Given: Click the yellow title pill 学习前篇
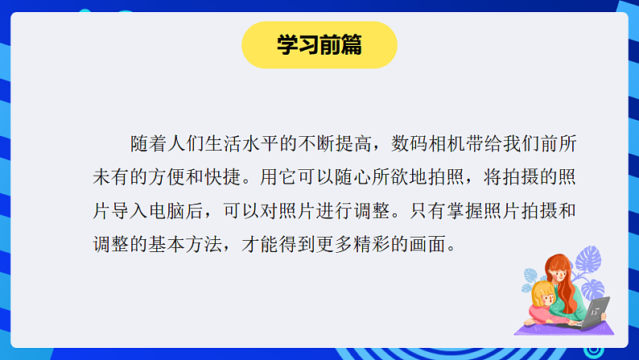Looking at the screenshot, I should (319, 45).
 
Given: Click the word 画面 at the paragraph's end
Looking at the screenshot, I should (431, 242).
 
